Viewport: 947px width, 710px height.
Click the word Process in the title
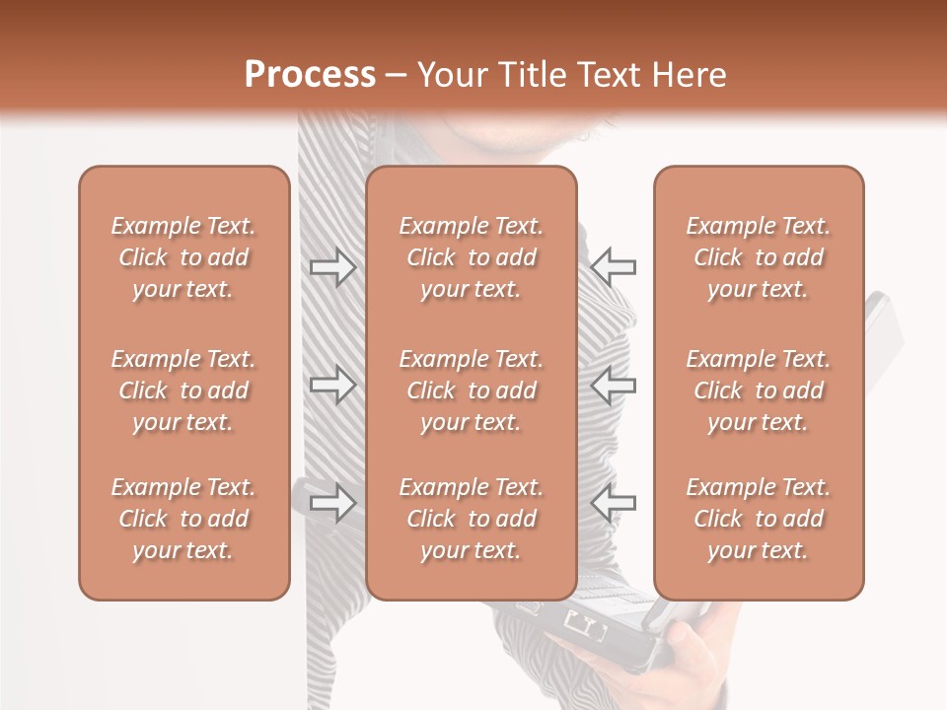pos(310,75)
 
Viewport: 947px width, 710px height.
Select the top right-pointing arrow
pos(332,267)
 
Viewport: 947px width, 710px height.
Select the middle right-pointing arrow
pos(332,385)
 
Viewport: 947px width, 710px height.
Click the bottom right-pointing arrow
pos(332,503)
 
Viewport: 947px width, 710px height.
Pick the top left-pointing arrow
pos(614,266)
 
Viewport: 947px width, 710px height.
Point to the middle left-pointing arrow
pos(614,385)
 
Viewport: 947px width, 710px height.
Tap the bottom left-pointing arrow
pos(614,503)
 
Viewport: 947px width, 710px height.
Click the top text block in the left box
pos(183,257)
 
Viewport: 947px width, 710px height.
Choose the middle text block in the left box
pos(183,390)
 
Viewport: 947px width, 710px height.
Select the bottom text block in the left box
pos(183,519)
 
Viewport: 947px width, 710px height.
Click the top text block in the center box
pos(471,257)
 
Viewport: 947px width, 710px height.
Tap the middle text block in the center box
pos(471,390)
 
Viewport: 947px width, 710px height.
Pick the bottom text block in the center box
pos(471,519)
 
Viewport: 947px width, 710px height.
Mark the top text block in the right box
pos(758,257)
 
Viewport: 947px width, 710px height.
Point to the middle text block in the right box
pos(758,390)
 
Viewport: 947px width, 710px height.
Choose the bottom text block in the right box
pos(758,519)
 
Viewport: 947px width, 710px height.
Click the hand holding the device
pos(705,646)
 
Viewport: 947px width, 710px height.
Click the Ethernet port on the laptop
pos(583,623)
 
